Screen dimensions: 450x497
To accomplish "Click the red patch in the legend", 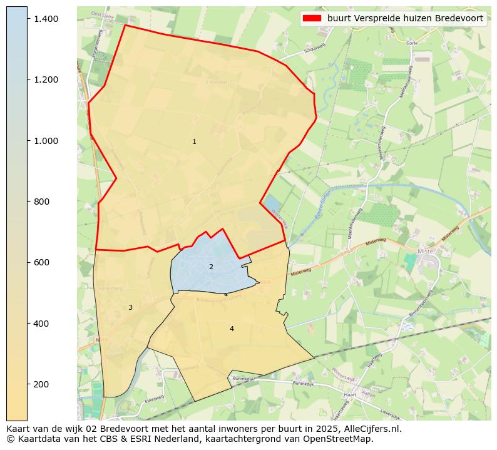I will [311, 18].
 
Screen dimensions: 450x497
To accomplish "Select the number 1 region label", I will [194, 142].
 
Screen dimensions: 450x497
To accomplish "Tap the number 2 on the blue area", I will [211, 267].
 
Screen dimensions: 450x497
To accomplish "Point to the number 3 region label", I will [130, 307].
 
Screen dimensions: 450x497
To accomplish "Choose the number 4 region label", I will [232, 329].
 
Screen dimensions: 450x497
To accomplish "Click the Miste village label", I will [425, 251].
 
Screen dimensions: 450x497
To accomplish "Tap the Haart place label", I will [351, 396].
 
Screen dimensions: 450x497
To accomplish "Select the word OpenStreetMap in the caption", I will [344, 439].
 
